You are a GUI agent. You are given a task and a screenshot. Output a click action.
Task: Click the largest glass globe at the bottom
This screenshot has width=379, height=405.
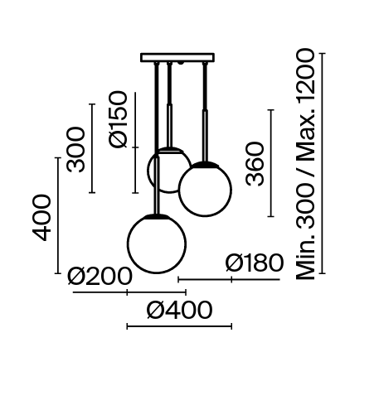coord(156,243)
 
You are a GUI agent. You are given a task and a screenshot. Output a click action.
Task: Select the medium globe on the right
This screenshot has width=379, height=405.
coord(205,190)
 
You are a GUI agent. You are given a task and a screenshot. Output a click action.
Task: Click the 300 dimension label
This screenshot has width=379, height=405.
coord(76,148)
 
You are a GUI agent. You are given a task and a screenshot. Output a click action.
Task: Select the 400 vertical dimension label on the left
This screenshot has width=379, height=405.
coord(42,217)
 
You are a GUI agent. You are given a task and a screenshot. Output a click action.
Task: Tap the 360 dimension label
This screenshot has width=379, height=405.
coord(255,164)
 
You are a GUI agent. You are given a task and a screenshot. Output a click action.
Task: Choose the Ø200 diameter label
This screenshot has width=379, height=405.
coord(100,276)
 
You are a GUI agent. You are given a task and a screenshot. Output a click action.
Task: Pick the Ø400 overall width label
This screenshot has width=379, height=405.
coord(178,311)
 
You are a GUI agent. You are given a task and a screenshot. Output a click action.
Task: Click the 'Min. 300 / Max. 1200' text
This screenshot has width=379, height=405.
coord(306,163)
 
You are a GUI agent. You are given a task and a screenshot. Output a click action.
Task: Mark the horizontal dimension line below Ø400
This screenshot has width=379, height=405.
coord(178,326)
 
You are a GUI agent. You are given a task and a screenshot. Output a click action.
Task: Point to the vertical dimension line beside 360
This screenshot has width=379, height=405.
coord(270,163)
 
